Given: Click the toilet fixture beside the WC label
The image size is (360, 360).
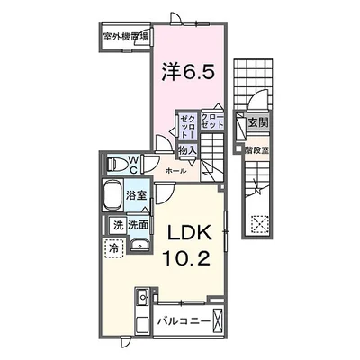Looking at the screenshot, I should [x=116, y=166].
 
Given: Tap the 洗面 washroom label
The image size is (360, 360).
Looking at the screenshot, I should [x=138, y=224].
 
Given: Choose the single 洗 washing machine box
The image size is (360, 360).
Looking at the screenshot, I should [x=118, y=225].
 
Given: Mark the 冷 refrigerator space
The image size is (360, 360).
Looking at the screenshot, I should [x=114, y=245].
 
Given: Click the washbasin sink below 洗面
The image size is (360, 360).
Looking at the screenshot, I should [x=138, y=246].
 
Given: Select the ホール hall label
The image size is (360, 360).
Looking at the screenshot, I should [x=176, y=169].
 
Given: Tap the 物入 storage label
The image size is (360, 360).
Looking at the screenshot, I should [x=187, y=151].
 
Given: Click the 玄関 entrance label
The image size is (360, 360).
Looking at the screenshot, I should [x=258, y=121].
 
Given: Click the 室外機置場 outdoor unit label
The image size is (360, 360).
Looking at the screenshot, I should [x=125, y=37].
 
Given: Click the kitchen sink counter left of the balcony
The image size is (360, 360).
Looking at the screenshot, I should [x=141, y=310].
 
